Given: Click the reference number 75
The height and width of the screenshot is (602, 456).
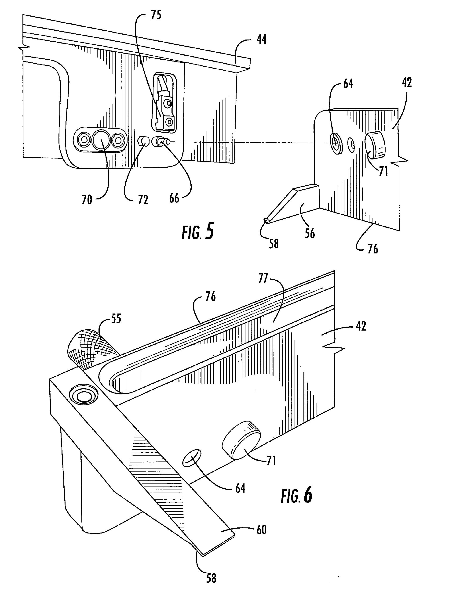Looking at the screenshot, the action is pos(156,15).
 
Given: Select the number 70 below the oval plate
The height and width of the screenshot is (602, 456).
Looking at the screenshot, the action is pos(87,200).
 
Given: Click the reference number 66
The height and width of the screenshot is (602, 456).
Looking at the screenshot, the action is pos(174,198).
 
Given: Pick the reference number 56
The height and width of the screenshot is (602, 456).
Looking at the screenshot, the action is pos(310,233).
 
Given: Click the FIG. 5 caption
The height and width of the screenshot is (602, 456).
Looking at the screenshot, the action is pos(198,232).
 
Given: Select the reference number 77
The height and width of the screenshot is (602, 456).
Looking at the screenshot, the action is pos(263,279).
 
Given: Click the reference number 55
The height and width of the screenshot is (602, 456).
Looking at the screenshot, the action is pos(116,318).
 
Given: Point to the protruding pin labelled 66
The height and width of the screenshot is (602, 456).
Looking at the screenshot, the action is pos(161,142).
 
